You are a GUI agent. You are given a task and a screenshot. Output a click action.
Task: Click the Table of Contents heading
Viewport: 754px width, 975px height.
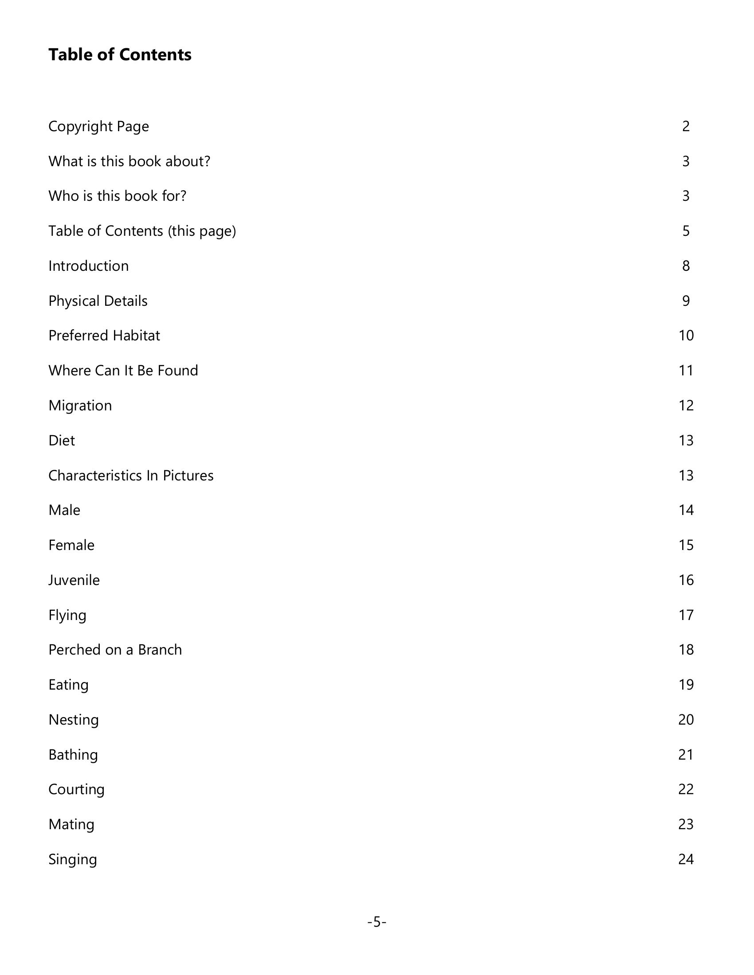(x=120, y=55)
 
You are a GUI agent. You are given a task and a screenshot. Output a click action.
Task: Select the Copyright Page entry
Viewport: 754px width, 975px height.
(x=98, y=126)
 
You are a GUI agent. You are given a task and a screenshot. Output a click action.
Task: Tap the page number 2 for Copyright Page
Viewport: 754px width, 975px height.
(x=686, y=126)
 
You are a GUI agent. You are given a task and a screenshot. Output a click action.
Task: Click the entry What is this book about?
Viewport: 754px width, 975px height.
(x=129, y=161)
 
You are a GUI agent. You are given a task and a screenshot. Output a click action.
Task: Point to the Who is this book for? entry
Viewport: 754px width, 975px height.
(x=117, y=196)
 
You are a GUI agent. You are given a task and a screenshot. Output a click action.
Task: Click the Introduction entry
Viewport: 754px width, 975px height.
(x=88, y=266)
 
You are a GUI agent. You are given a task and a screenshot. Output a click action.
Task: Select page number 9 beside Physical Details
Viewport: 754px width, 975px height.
(x=686, y=301)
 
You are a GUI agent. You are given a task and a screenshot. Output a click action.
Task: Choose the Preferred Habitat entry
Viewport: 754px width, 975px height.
(x=104, y=336)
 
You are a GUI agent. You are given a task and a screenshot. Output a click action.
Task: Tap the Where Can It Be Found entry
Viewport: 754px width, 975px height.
(x=123, y=370)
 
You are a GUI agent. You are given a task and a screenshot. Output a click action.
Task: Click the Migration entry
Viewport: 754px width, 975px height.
(x=80, y=406)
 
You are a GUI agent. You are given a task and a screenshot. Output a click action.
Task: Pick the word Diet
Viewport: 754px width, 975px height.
(x=62, y=441)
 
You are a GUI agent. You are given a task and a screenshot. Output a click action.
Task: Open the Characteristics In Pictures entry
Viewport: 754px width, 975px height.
(x=131, y=476)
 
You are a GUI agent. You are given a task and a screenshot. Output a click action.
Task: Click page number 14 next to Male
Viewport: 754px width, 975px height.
(x=686, y=510)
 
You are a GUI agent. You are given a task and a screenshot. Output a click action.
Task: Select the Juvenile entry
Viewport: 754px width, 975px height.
(x=74, y=581)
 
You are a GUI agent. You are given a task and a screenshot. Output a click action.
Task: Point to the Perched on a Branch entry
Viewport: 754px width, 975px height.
(x=115, y=650)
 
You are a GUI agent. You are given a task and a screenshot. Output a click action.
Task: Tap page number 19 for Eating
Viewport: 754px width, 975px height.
(x=686, y=685)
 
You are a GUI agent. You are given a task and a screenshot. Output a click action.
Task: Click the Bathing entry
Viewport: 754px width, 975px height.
(x=73, y=755)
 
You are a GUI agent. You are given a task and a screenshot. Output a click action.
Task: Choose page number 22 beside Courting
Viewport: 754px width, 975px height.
(x=686, y=789)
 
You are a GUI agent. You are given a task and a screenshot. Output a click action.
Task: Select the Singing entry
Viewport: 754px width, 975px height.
(x=72, y=859)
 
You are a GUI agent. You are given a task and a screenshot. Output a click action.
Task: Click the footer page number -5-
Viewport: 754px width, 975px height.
(x=377, y=922)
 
